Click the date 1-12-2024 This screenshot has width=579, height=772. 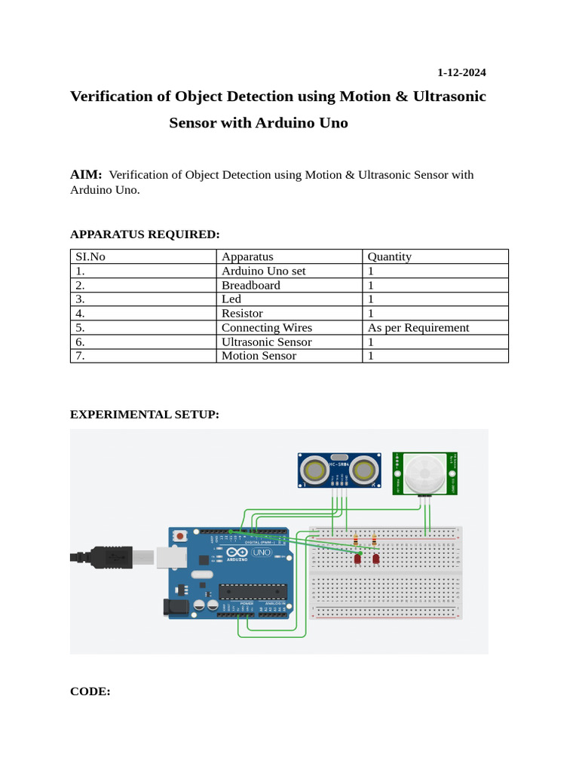(461, 73)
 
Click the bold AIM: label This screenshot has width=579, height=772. (86, 175)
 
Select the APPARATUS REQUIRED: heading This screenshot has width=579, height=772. (145, 234)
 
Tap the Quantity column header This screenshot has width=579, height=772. (390, 256)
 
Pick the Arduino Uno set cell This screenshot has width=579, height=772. (263, 271)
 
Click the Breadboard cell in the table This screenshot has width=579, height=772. (250, 285)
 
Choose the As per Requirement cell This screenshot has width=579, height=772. (418, 327)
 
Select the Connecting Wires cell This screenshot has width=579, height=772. (266, 327)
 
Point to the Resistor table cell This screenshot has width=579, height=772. (242, 313)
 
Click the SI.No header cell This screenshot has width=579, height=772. (90, 256)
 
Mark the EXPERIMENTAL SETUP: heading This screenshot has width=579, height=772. (145, 415)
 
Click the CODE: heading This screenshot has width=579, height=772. (90, 691)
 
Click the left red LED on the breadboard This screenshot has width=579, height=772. (357, 559)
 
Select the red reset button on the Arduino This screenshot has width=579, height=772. (181, 535)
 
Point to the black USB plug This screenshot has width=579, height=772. (102, 557)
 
